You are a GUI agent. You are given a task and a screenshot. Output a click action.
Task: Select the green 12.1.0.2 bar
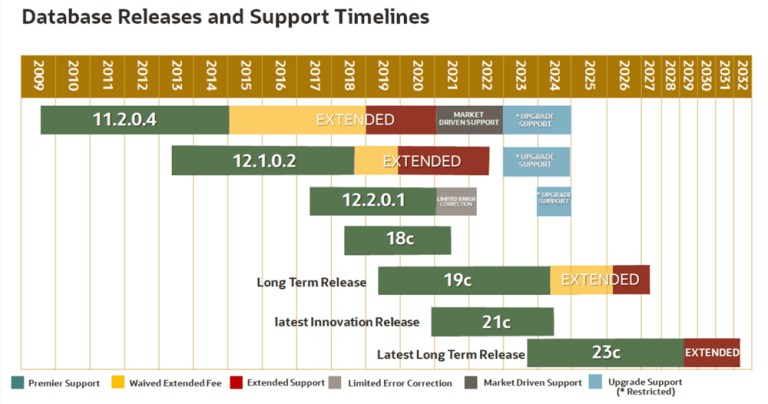[x=263, y=160]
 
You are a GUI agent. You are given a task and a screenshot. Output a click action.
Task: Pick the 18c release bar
[x=397, y=240]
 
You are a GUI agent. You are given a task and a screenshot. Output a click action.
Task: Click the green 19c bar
[x=463, y=280]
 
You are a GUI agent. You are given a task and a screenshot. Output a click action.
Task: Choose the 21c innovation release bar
[x=492, y=321]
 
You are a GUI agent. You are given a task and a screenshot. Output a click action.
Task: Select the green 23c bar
[x=605, y=352]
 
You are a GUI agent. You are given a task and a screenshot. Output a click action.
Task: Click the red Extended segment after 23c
[x=712, y=352]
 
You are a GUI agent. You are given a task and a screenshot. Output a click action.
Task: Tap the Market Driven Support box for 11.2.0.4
[x=469, y=119]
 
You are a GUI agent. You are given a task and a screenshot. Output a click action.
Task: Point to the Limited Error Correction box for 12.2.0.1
[x=456, y=200]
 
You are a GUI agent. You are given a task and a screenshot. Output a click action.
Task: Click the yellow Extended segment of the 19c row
[x=581, y=280]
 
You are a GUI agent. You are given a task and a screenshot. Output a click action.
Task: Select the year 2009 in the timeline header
[x=38, y=74]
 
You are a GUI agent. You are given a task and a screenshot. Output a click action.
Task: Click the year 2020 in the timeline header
[x=418, y=74]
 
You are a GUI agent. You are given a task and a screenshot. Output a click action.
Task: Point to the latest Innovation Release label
[x=348, y=322]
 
